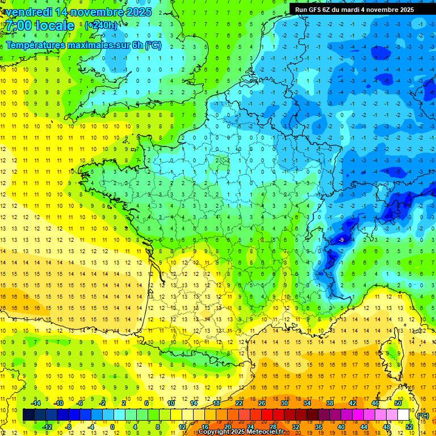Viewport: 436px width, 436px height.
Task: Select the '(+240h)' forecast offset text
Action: click(101, 26)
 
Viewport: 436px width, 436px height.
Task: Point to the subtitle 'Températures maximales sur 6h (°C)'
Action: click(83, 45)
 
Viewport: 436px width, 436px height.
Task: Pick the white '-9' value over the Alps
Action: click(341, 240)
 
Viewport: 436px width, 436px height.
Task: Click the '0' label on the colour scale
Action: click(112, 427)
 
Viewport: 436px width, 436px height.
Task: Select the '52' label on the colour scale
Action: click(409, 427)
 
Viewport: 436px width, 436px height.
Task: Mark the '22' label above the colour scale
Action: click(240, 403)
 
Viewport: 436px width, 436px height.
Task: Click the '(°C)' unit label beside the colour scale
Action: click(422, 415)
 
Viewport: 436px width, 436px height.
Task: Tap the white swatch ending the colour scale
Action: click(404, 415)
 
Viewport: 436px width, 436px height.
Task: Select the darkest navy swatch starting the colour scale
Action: click(28, 415)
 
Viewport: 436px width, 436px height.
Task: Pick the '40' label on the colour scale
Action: click(341, 427)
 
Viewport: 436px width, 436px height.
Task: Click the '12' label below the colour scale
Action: click(182, 427)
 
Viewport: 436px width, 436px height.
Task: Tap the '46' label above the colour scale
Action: click(375, 403)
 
